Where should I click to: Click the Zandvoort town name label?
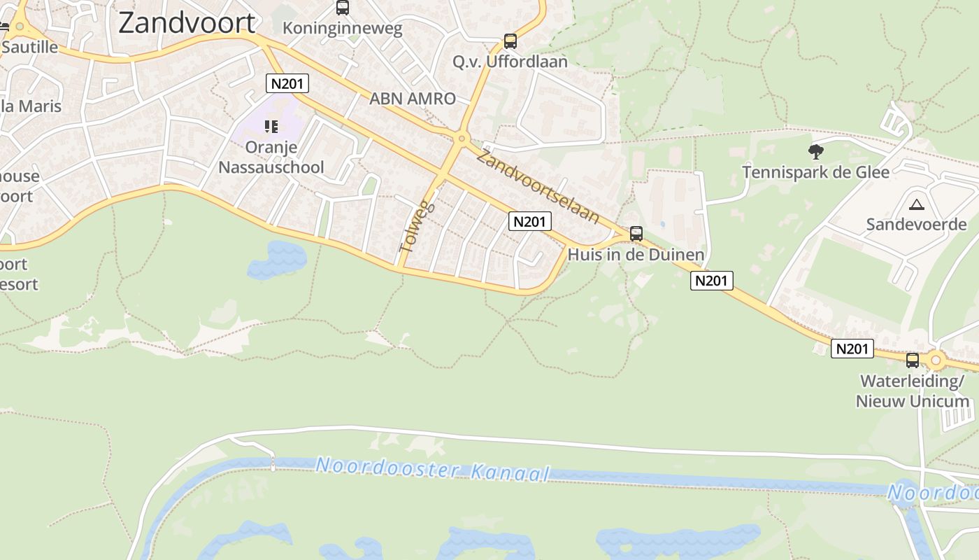[x=187, y=23]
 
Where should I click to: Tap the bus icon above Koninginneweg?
[x=342, y=8]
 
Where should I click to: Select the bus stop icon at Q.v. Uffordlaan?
[x=510, y=41]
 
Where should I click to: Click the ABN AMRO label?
[x=413, y=99]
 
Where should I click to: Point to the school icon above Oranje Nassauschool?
[x=271, y=127]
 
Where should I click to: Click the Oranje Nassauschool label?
[x=271, y=157]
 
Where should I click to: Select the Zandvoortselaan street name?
[x=537, y=186]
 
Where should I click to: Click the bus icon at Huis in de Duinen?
[x=636, y=234]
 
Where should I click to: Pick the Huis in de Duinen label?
[x=636, y=255]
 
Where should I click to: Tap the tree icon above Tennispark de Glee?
[x=815, y=151]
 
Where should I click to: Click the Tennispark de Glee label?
[x=815, y=172]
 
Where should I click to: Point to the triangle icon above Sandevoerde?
[x=915, y=204]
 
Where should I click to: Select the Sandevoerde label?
[x=916, y=225]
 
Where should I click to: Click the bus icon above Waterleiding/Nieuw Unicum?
[x=913, y=360]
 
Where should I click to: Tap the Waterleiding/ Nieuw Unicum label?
[x=913, y=391]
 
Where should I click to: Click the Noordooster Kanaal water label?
[x=433, y=468]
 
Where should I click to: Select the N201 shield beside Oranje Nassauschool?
[x=287, y=83]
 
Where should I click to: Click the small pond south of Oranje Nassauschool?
[x=277, y=260]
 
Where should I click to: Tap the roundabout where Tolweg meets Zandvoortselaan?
[x=460, y=139]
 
